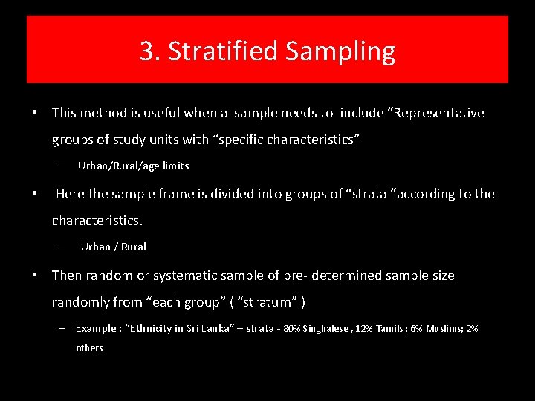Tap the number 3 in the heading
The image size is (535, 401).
pyautogui.click(x=148, y=51)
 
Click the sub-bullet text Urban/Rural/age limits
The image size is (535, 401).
pyautogui.click(x=133, y=166)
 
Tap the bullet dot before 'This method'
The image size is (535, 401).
pyautogui.click(x=35, y=113)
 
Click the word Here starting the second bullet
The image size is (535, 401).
pyautogui.click(x=70, y=194)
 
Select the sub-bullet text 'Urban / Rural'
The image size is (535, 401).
pyautogui.click(x=113, y=247)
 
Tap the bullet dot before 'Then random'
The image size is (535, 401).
pyautogui.click(x=35, y=276)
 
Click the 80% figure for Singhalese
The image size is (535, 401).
pyautogui.click(x=291, y=328)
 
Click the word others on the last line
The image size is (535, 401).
pyautogui.click(x=89, y=348)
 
